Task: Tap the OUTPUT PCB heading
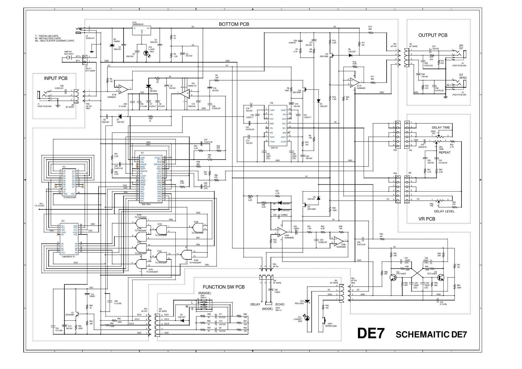433,35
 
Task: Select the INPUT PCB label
56,78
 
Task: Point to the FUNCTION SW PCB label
224,287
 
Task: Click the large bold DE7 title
371,333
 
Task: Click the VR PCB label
427,219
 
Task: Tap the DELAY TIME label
441,128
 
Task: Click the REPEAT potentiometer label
444,152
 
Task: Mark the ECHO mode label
279,304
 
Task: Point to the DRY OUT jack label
461,47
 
